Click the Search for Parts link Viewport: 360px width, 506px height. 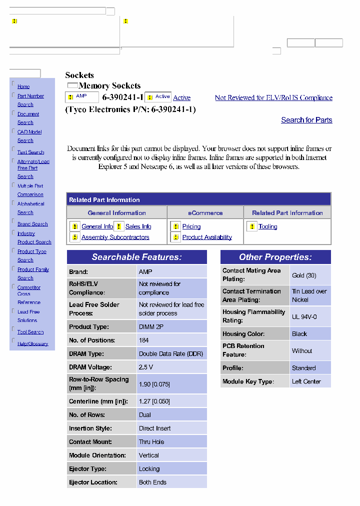[306, 120]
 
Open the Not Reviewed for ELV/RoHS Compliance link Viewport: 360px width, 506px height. [273, 98]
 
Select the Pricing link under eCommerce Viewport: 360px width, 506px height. [191, 226]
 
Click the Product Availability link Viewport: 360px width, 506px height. [207, 237]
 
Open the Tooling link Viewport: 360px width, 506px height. [267, 226]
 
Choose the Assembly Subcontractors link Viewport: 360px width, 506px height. [115, 237]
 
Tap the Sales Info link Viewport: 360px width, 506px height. [138, 226]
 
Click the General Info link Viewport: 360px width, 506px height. [97, 226]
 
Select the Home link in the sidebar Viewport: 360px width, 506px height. [23, 87]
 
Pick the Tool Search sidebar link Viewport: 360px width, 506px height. [30, 332]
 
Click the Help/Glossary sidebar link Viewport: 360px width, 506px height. [33, 344]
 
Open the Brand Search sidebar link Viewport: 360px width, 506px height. [32, 224]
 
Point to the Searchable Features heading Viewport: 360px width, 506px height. [136, 257]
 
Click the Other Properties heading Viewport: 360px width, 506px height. [275, 257]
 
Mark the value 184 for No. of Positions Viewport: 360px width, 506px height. [144, 340]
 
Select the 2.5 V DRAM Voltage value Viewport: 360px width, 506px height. [146, 367]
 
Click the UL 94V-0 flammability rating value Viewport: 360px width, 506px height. [304, 317]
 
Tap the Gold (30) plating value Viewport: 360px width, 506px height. [304, 275]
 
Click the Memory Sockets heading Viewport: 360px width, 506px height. [109, 86]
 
